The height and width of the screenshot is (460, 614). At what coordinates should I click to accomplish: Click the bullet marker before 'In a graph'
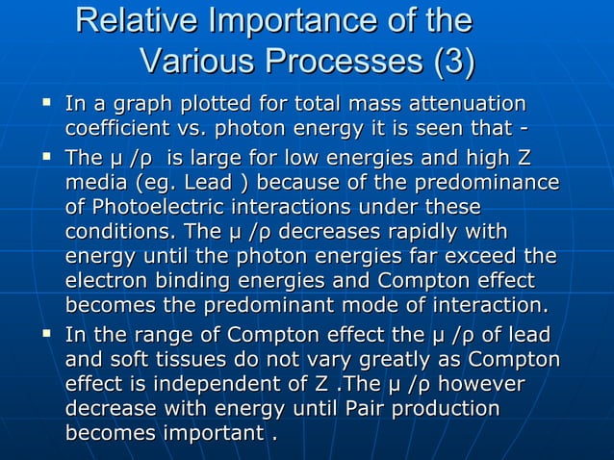coord(44,101)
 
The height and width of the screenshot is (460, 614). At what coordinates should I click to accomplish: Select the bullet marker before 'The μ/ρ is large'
coord(44,156)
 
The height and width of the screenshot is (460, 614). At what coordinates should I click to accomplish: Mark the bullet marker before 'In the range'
coord(44,334)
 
